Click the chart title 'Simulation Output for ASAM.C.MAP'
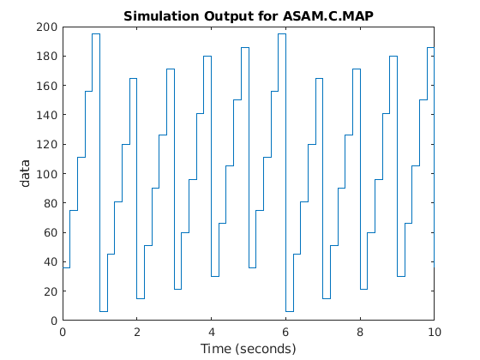pos(248,16)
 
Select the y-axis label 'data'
pos(27,173)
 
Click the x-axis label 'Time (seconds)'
pos(248,349)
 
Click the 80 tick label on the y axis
pos(50,203)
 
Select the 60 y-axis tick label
pos(50,232)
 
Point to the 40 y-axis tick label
pos(50,261)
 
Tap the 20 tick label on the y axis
pos(50,291)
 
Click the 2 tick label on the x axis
pos(137,332)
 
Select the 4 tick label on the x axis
pos(212,332)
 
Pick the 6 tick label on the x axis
pos(286,332)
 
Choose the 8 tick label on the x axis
pos(360,332)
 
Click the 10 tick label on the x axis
pos(435,332)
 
